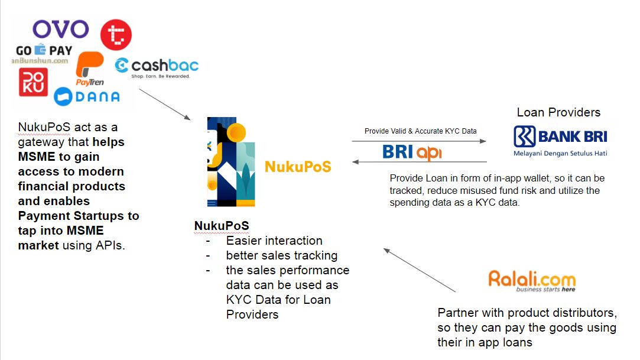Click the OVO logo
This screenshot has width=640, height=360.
60,29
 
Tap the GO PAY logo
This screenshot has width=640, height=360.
44,50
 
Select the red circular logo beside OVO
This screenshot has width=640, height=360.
116,34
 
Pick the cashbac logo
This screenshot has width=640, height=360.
157,66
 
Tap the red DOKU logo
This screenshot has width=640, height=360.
33,82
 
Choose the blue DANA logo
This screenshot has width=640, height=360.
87,96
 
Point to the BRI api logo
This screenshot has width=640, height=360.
412,152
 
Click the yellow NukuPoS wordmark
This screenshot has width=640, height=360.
298,167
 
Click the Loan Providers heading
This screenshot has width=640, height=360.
558,112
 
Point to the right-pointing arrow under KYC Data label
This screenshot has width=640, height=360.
419,141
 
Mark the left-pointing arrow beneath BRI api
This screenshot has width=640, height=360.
419,162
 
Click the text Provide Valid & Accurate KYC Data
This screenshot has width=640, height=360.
420,131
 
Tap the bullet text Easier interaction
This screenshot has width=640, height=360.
274,241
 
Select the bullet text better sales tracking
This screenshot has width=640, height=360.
281,255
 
